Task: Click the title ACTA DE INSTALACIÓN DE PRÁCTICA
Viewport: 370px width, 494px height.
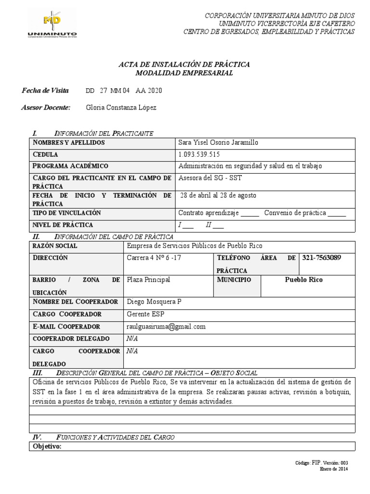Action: pos(184,64)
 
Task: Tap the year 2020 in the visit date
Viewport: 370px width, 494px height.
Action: pos(154,91)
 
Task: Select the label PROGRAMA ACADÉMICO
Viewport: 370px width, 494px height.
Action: pos(70,166)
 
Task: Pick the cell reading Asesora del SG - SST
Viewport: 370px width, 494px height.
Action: pos(210,178)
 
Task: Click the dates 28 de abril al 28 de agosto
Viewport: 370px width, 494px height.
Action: pos(218,195)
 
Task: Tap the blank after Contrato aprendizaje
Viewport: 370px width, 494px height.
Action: pos(250,213)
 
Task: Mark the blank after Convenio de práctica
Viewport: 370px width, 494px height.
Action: pos(337,213)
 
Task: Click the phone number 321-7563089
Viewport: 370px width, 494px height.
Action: pos(321,258)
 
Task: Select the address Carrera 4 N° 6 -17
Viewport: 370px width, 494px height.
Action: pos(154,258)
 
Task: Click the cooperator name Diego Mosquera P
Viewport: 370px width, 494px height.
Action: pos(154,302)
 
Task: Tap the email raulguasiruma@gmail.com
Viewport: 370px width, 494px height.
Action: pos(166,327)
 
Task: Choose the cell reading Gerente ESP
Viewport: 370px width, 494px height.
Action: pos(145,315)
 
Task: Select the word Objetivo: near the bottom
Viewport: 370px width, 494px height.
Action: pos(47,447)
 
